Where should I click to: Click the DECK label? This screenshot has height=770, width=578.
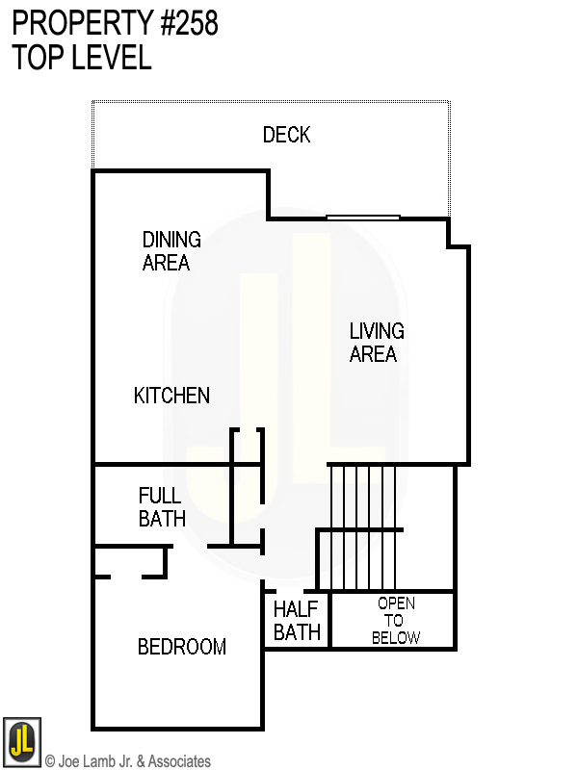click(x=286, y=135)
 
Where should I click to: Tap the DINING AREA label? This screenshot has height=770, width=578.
click(x=171, y=250)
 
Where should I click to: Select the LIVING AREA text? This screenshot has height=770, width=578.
click(x=376, y=342)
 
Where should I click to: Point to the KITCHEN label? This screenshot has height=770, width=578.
click(x=171, y=396)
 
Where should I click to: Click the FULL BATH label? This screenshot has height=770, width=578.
click(x=161, y=507)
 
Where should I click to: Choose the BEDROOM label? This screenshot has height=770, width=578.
click(x=181, y=647)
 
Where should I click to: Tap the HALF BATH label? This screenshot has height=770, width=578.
click(x=296, y=621)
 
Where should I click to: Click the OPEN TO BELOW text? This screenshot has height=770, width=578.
click(x=396, y=620)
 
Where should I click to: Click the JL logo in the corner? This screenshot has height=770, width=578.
click(x=21, y=742)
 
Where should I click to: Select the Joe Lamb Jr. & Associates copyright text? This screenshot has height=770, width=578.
click(x=127, y=761)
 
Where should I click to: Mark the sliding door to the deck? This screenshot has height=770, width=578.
click(x=362, y=218)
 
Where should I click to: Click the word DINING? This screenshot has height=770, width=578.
click(x=171, y=240)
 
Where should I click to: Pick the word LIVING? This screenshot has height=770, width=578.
click(x=376, y=331)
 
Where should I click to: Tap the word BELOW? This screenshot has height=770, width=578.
click(x=396, y=637)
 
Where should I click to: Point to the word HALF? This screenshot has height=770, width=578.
click(x=296, y=609)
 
